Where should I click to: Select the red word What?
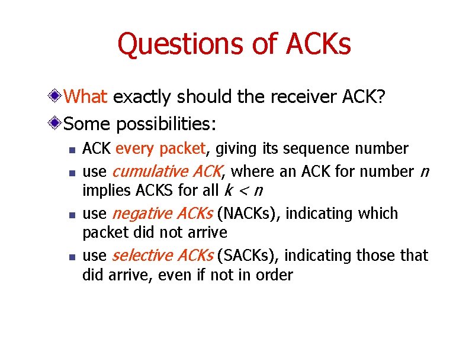click(x=85, y=96)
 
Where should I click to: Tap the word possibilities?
click(x=167, y=124)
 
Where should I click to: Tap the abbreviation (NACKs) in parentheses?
click(x=249, y=214)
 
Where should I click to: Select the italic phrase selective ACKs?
click(x=163, y=256)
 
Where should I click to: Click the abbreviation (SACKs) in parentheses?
click(x=248, y=256)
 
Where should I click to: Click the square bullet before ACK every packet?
click(x=70, y=150)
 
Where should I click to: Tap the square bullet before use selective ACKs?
click(x=70, y=257)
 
